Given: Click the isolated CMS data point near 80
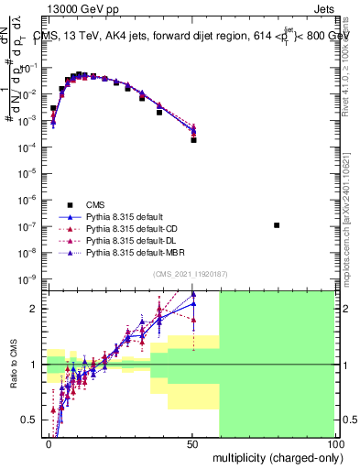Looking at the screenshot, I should pyautogui.click(x=277, y=225).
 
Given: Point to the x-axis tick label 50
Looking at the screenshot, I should pyautogui.click(x=191, y=442).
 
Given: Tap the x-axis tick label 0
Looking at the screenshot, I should pyautogui.click(x=49, y=442).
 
